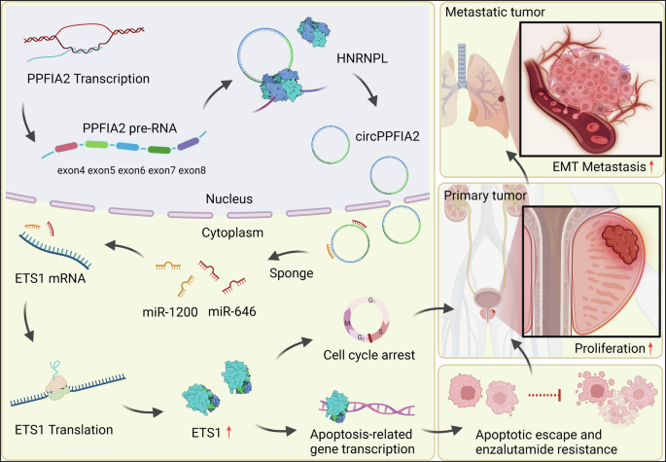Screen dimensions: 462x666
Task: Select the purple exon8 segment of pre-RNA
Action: pos(188,146)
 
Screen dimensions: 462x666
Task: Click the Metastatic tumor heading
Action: pos(492,12)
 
